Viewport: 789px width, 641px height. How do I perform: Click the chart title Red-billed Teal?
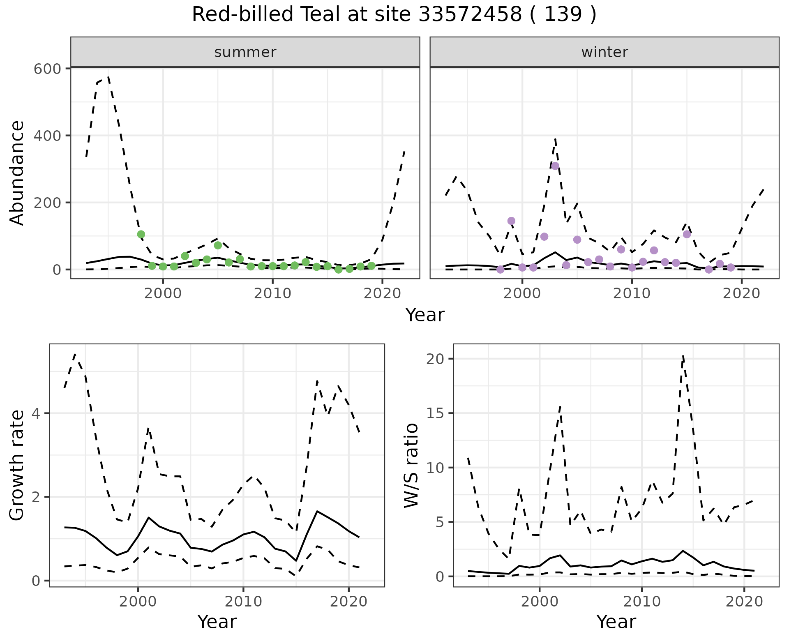(x=394, y=15)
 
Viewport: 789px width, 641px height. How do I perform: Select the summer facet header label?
(x=245, y=52)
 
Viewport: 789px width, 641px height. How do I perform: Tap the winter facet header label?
(x=604, y=52)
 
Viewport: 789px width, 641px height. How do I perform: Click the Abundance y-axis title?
(x=17, y=173)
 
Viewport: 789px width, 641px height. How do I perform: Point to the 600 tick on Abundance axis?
(x=47, y=69)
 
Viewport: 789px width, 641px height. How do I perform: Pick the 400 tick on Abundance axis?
(x=47, y=136)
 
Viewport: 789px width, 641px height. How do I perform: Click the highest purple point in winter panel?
(x=555, y=166)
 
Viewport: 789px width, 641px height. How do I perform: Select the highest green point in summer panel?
(x=141, y=234)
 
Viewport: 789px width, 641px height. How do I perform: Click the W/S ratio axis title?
(x=411, y=465)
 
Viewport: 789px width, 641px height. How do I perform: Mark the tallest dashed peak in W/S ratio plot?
(x=683, y=356)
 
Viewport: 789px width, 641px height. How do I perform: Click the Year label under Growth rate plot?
(x=217, y=622)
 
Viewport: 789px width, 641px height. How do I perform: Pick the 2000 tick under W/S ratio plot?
(x=539, y=602)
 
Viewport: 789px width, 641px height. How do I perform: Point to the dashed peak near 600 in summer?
(x=108, y=77)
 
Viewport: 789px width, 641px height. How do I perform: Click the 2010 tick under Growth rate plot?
(x=243, y=602)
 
